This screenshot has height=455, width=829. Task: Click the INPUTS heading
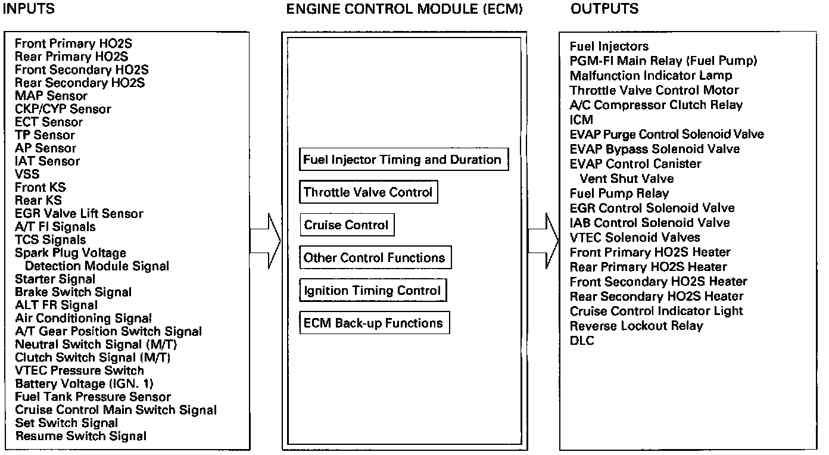click(29, 9)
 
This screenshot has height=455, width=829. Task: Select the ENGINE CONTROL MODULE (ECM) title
click(404, 9)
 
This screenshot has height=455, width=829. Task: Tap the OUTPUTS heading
click(604, 9)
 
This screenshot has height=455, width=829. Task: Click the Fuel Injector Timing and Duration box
click(403, 160)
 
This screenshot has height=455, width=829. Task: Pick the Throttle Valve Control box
click(368, 192)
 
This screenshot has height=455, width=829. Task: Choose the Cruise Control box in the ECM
click(346, 225)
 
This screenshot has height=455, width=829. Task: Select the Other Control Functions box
click(374, 258)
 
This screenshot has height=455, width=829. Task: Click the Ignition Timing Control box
click(372, 291)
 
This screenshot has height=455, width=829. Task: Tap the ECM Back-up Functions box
click(373, 323)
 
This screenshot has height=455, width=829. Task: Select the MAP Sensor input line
click(51, 96)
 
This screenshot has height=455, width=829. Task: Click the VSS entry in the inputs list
click(27, 174)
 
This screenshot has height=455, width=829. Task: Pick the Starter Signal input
click(55, 279)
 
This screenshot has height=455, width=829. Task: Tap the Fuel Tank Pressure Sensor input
click(93, 397)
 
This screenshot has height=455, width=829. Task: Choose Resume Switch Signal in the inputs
click(80, 436)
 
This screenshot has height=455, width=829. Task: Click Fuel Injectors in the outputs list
click(609, 46)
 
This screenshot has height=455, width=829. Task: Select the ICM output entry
click(581, 120)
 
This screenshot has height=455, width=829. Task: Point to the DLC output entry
click(582, 341)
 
